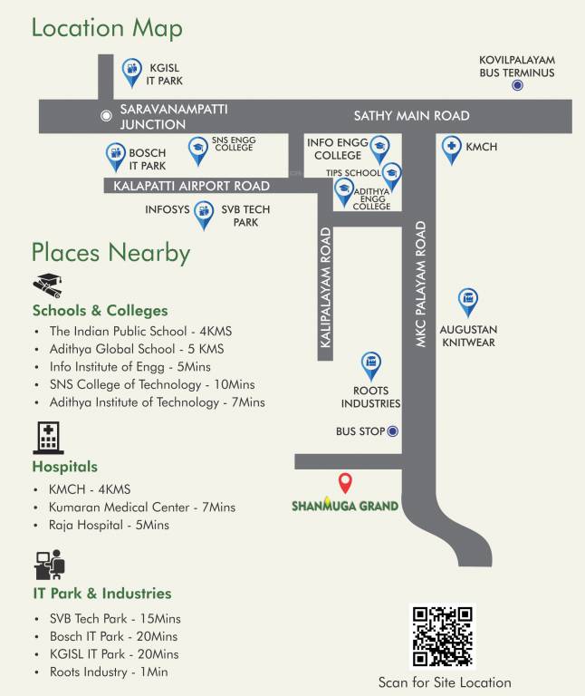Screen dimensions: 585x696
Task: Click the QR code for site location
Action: [442, 636]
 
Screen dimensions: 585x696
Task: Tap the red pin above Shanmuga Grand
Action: [344, 482]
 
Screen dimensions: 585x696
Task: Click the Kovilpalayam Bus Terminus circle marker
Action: [517, 85]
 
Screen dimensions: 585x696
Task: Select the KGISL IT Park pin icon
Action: [132, 70]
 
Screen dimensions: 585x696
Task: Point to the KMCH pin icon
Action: [451, 148]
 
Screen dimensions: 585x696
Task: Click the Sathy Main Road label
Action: [411, 116]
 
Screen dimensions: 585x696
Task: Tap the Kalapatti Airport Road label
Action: [192, 186]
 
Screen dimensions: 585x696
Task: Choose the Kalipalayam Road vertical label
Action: [326, 288]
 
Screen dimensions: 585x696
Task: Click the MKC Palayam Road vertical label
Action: [420, 284]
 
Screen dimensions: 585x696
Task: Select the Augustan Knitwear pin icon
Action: [468, 300]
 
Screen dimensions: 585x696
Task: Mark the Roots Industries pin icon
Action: [370, 365]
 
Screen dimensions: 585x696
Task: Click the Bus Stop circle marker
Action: [393, 431]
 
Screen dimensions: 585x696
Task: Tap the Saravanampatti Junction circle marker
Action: [107, 115]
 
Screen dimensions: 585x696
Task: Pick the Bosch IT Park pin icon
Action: [115, 156]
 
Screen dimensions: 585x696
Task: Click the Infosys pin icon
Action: [205, 213]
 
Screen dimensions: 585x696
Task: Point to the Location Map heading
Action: [107, 28]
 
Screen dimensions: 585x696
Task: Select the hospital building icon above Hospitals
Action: [48, 438]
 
